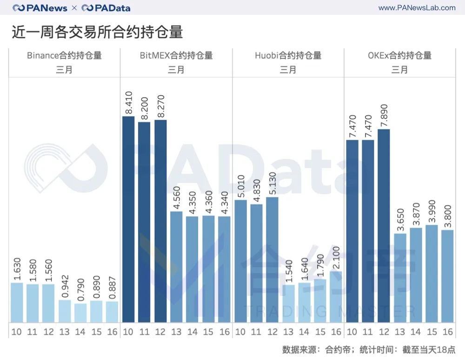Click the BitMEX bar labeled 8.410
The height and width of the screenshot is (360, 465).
pos(128,219)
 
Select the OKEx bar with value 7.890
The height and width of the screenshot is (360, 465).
pos(384,226)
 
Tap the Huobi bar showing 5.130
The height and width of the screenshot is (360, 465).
pos(272,260)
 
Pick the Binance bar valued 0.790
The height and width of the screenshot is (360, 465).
pos(80,313)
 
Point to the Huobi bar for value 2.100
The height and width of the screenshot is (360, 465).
pos(336,297)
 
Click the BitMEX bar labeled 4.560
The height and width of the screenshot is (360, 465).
pos(176,267)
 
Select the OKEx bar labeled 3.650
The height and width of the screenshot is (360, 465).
pos(399,278)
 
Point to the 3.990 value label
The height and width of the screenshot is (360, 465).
pos(432,212)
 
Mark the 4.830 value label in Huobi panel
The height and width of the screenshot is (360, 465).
pos(256,191)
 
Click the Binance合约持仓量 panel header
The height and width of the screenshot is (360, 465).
pos(64,56)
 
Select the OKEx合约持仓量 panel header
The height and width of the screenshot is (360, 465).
pos(400,56)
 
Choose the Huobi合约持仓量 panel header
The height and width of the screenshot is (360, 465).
pos(288,56)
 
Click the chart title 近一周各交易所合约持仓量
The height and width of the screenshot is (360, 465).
pos(97,32)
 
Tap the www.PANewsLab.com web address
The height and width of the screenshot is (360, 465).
pos(417,8)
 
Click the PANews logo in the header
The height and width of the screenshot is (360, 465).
pos(40,8)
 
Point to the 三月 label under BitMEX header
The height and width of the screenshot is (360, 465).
pos(176,70)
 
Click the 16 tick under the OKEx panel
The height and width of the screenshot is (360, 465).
pos(448,332)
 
